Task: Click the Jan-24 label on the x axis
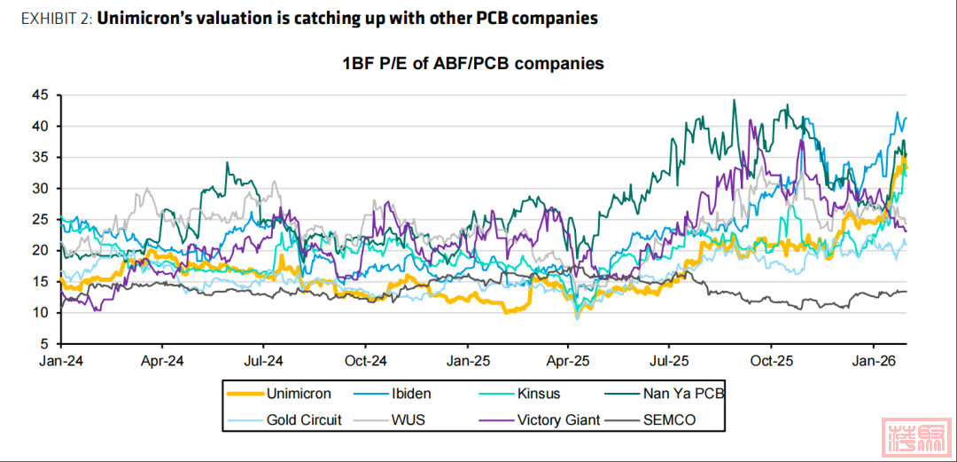pyautogui.click(x=59, y=362)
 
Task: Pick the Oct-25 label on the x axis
pyautogui.click(x=771, y=362)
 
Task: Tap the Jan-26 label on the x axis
pyautogui.click(x=873, y=362)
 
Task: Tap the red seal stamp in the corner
pyautogui.click(x=916, y=435)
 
